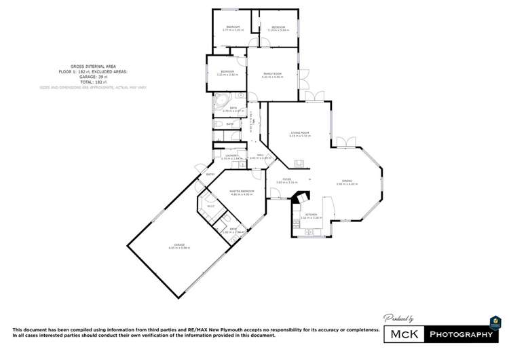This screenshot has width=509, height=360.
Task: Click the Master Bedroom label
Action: click(241, 191)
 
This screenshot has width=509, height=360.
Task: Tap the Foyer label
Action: click(287, 179)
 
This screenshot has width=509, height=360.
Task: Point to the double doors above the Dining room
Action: click(346, 141)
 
